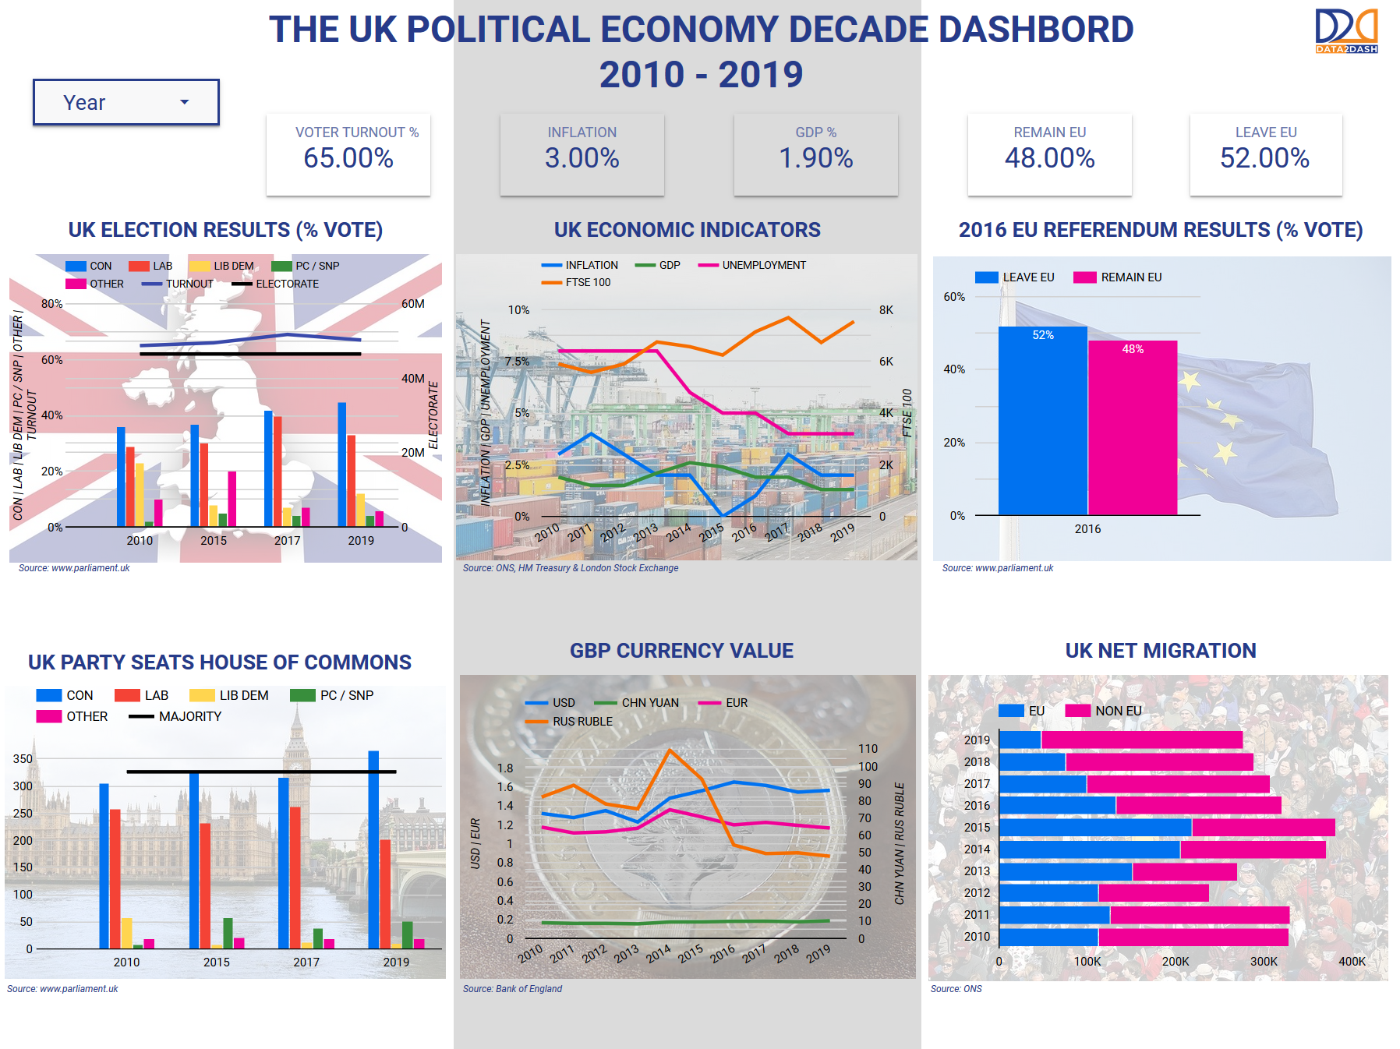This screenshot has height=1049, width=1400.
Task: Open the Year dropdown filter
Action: [126, 102]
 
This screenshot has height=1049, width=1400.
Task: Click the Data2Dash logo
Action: [1346, 30]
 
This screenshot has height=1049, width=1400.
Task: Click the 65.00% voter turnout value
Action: [348, 158]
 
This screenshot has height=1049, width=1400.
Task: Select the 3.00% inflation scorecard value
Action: [582, 158]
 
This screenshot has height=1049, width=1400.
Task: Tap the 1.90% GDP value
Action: [815, 158]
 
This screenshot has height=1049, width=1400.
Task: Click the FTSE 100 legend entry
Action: [577, 283]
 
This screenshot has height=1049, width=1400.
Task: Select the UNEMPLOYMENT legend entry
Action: [753, 266]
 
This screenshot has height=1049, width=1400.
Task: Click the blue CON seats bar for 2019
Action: [373, 849]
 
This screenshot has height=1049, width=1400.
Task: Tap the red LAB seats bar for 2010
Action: [115, 879]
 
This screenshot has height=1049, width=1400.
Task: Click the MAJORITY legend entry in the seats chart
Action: [176, 716]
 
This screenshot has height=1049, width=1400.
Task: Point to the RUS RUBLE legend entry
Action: [571, 722]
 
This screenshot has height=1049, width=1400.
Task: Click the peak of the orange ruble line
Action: [670, 750]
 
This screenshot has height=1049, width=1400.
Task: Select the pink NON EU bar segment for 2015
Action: [1263, 828]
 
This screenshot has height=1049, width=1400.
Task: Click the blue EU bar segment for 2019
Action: [1020, 740]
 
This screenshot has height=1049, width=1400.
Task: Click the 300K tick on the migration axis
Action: [1264, 962]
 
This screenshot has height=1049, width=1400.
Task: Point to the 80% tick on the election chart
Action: [51, 304]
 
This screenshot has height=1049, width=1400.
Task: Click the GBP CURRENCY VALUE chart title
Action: [681, 651]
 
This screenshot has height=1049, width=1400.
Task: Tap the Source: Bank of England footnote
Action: [512, 989]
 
